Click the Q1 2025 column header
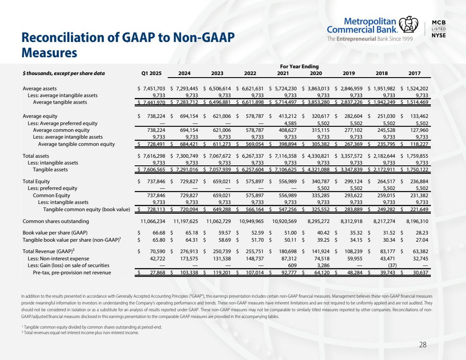(151, 73)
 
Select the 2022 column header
(250, 73)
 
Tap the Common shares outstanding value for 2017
(417, 221)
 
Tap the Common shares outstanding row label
(55, 221)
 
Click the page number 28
(422, 345)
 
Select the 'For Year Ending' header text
(299, 67)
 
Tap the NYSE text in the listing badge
(438, 35)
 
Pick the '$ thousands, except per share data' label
(64, 73)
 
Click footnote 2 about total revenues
(80, 333)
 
